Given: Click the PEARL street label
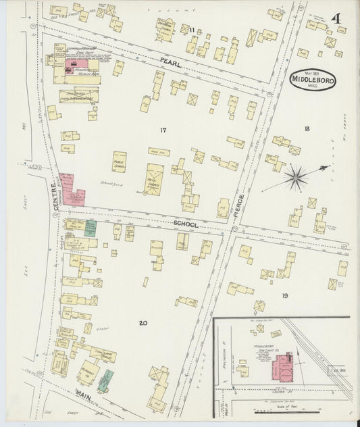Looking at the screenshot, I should coord(172,63).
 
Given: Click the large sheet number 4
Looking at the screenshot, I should coord(335,17).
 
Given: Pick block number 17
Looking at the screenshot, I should coord(163,129).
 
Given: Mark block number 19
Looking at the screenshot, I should coord(285,295).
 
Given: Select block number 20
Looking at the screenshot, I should coord(143,323).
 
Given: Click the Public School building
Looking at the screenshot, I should coord(120,162).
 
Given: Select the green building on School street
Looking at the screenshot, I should coord(99,228).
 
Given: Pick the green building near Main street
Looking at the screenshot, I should coord(105,380).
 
